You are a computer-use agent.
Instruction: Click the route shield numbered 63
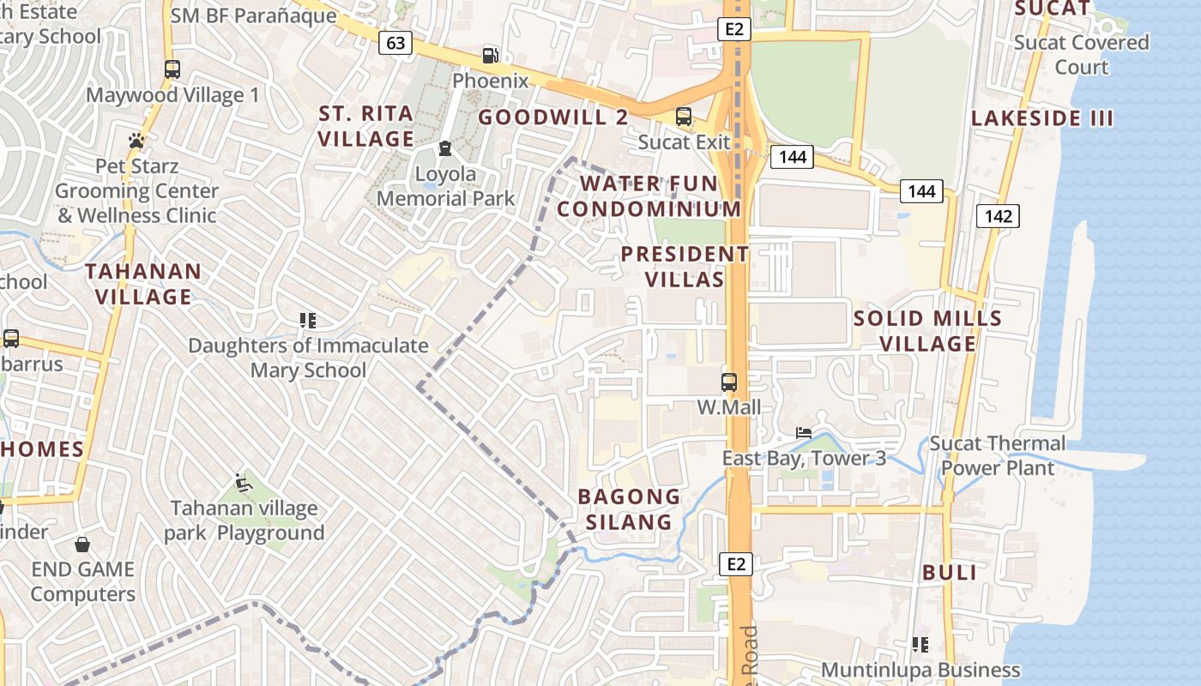(395, 43)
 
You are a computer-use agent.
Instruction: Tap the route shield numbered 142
(998, 216)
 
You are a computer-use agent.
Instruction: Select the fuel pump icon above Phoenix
(490, 56)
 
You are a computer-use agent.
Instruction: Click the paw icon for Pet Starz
(136, 141)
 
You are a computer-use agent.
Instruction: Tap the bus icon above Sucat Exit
(684, 116)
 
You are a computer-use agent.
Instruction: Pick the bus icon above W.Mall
(728, 382)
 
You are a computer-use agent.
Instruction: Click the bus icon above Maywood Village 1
(172, 69)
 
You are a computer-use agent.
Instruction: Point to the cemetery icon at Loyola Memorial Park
(444, 149)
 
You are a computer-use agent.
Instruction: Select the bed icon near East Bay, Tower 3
(803, 433)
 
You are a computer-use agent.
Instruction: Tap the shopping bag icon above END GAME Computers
(82, 545)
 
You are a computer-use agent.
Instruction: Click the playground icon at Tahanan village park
(244, 483)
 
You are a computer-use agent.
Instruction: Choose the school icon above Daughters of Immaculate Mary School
(308, 321)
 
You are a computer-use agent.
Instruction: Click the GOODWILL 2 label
(553, 117)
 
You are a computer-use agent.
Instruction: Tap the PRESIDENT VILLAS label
(685, 267)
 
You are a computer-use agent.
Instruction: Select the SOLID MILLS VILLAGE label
(927, 331)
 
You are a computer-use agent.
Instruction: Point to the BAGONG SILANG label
(629, 509)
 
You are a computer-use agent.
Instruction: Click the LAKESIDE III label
(1042, 118)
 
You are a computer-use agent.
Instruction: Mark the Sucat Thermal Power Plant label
(998, 455)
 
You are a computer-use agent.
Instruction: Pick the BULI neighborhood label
(950, 573)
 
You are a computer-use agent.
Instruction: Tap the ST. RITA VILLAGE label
(366, 126)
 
